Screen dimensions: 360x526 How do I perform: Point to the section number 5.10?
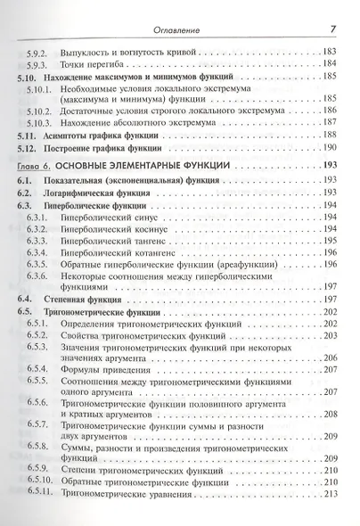click(28, 78)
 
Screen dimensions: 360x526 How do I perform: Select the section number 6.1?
click(26, 181)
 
